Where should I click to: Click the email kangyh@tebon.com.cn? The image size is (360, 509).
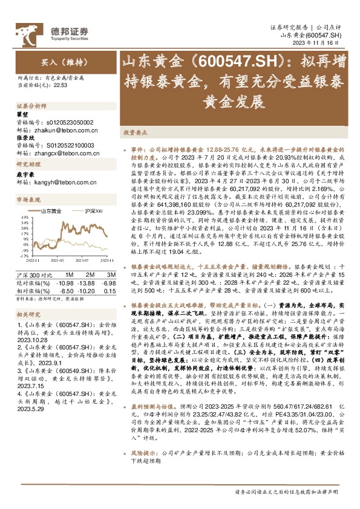click(60, 182)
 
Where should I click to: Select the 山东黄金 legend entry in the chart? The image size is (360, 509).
click(51, 210)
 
